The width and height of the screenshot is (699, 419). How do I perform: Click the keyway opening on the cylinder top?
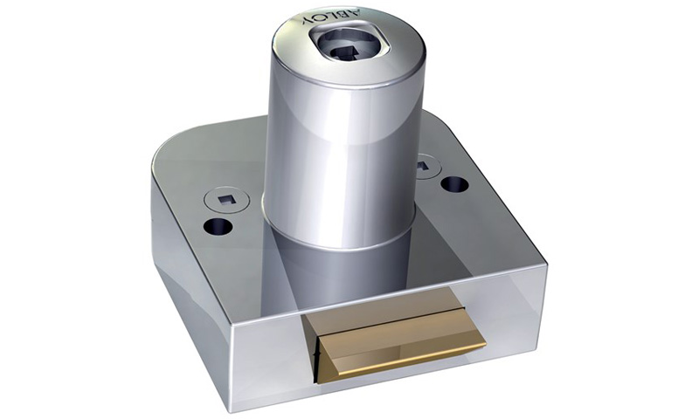(x=353, y=48)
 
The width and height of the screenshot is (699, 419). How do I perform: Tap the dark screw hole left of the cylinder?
(x=218, y=228)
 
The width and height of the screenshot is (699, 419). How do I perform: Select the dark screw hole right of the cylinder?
(x=453, y=184)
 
